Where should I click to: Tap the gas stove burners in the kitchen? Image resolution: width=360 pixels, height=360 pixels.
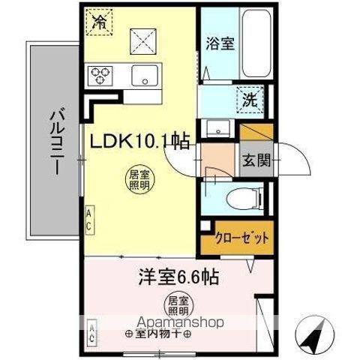(100, 74)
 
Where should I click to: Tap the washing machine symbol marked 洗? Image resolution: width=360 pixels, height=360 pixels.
(248, 97)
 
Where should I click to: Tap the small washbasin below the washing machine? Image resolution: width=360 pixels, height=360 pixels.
(217, 127)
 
